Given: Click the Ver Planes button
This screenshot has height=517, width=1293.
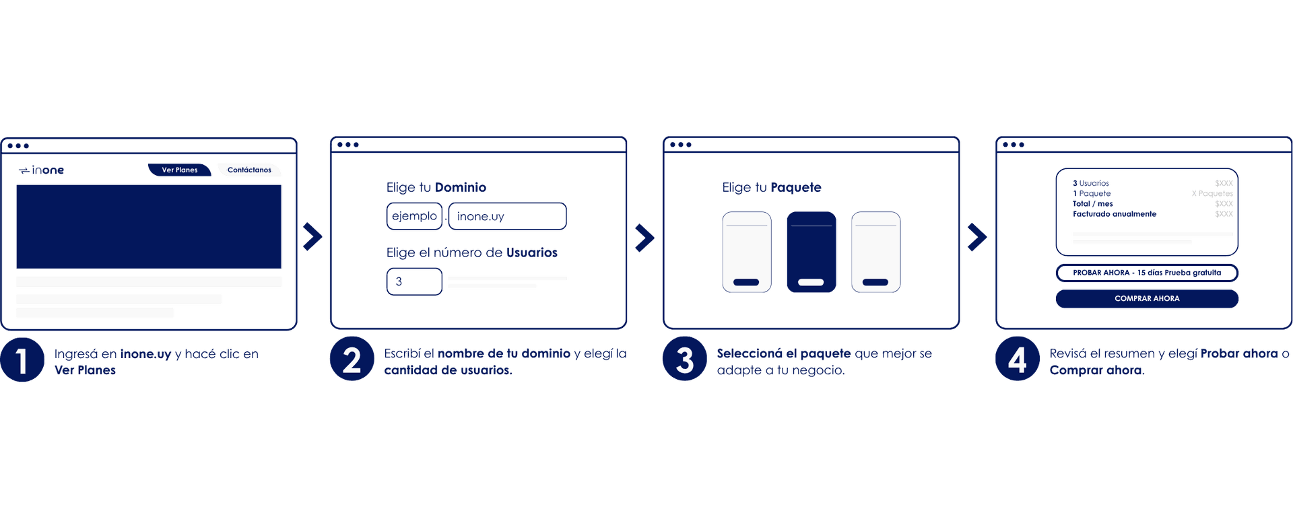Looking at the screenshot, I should coord(180,170).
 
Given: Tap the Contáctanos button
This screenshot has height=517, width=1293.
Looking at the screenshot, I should coord(249,170).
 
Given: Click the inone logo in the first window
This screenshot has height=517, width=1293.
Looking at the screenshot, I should coord(42,170).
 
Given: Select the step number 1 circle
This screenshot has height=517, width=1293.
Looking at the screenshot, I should coord(22,360).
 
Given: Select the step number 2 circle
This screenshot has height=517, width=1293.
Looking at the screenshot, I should coord(352,359).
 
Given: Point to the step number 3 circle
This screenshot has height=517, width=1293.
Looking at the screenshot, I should coord(684,359).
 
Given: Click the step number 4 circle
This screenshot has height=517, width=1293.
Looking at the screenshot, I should coord(1017,359).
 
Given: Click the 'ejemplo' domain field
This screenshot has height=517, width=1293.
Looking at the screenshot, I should coord(414,216).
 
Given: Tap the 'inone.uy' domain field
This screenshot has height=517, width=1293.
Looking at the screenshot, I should coord(507,216).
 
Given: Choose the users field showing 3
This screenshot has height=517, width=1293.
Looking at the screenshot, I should coord(414,281).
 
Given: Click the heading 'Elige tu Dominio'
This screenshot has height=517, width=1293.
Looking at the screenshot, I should coord(436,187).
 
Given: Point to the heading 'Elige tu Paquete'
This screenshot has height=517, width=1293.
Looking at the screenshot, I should coord(772,187).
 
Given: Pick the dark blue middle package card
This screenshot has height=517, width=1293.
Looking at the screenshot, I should coord(811,252).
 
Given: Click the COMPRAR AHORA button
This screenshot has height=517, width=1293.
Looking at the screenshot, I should coord(1147,298).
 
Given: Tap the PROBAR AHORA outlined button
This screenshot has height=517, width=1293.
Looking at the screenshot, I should coord(1147,273).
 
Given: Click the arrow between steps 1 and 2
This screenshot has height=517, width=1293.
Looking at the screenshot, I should coord(312,236).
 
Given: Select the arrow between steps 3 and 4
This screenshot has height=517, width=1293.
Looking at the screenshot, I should coord(976,237).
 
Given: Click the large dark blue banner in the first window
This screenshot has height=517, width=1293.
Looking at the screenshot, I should coord(149,227).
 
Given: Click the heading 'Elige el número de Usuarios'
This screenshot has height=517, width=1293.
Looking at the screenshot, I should coord(472,252).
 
